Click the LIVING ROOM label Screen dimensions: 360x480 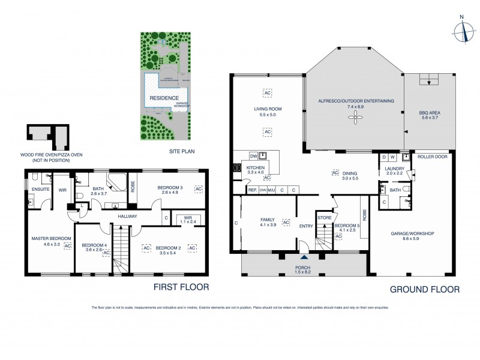267,109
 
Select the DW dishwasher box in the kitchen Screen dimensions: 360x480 254,155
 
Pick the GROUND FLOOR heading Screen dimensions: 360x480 425,289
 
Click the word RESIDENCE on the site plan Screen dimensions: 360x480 164,97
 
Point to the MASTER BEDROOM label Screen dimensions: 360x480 50,239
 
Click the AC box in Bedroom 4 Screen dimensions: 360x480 106,253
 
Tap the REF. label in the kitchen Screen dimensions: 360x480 253,190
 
